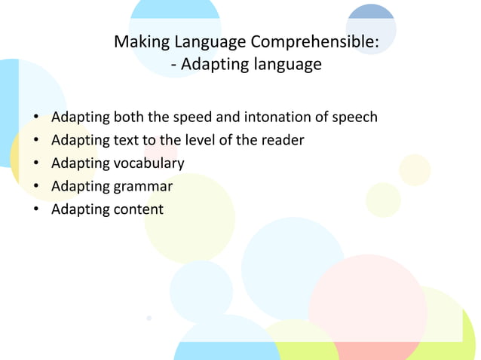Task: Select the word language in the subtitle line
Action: [283, 65]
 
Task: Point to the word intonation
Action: [290, 117]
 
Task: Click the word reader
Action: [282, 140]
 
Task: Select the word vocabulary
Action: [149, 163]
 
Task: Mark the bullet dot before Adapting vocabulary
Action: [35, 163]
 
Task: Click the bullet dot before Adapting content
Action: [35, 209]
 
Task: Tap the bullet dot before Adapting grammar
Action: [35, 186]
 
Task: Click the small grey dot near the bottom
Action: [149, 319]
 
